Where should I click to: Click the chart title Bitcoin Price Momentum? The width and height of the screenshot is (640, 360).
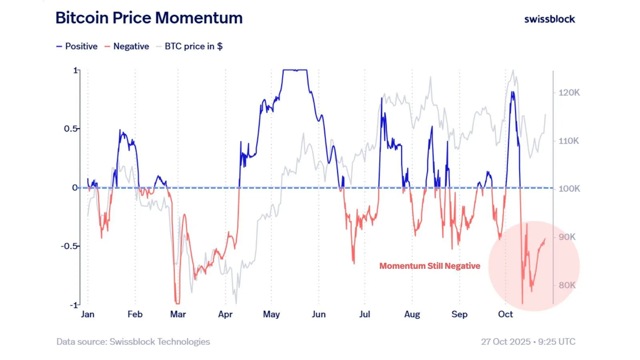(x=149, y=18)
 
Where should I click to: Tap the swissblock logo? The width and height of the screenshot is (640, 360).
(x=549, y=19)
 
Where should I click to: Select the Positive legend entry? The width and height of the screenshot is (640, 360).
(x=77, y=46)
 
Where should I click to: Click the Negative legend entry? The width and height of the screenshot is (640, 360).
(x=127, y=46)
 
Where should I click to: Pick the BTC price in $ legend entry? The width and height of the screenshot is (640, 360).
(x=190, y=46)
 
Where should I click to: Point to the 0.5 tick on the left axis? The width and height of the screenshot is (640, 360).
(x=71, y=129)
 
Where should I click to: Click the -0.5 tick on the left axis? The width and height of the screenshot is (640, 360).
(x=69, y=246)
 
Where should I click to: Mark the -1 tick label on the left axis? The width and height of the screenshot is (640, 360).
(x=74, y=305)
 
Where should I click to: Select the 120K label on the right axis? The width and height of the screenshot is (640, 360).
(x=569, y=93)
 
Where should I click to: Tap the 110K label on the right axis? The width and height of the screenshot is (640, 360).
(x=569, y=141)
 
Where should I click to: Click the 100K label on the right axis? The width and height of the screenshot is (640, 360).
(x=569, y=189)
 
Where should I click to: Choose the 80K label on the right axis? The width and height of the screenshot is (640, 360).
(x=567, y=285)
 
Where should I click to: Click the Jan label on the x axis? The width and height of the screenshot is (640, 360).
(x=88, y=314)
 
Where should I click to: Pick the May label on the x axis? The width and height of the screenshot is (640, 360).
(x=271, y=314)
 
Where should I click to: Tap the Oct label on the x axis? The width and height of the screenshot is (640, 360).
(x=505, y=314)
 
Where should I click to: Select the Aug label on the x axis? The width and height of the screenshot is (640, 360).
(x=412, y=314)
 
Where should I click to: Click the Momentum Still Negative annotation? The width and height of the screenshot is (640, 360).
(x=430, y=266)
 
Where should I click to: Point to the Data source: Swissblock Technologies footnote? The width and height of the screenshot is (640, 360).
(x=133, y=342)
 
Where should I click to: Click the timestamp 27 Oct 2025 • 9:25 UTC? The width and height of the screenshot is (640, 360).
(x=528, y=342)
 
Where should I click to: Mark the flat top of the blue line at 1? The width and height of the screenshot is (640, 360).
(x=295, y=70)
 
